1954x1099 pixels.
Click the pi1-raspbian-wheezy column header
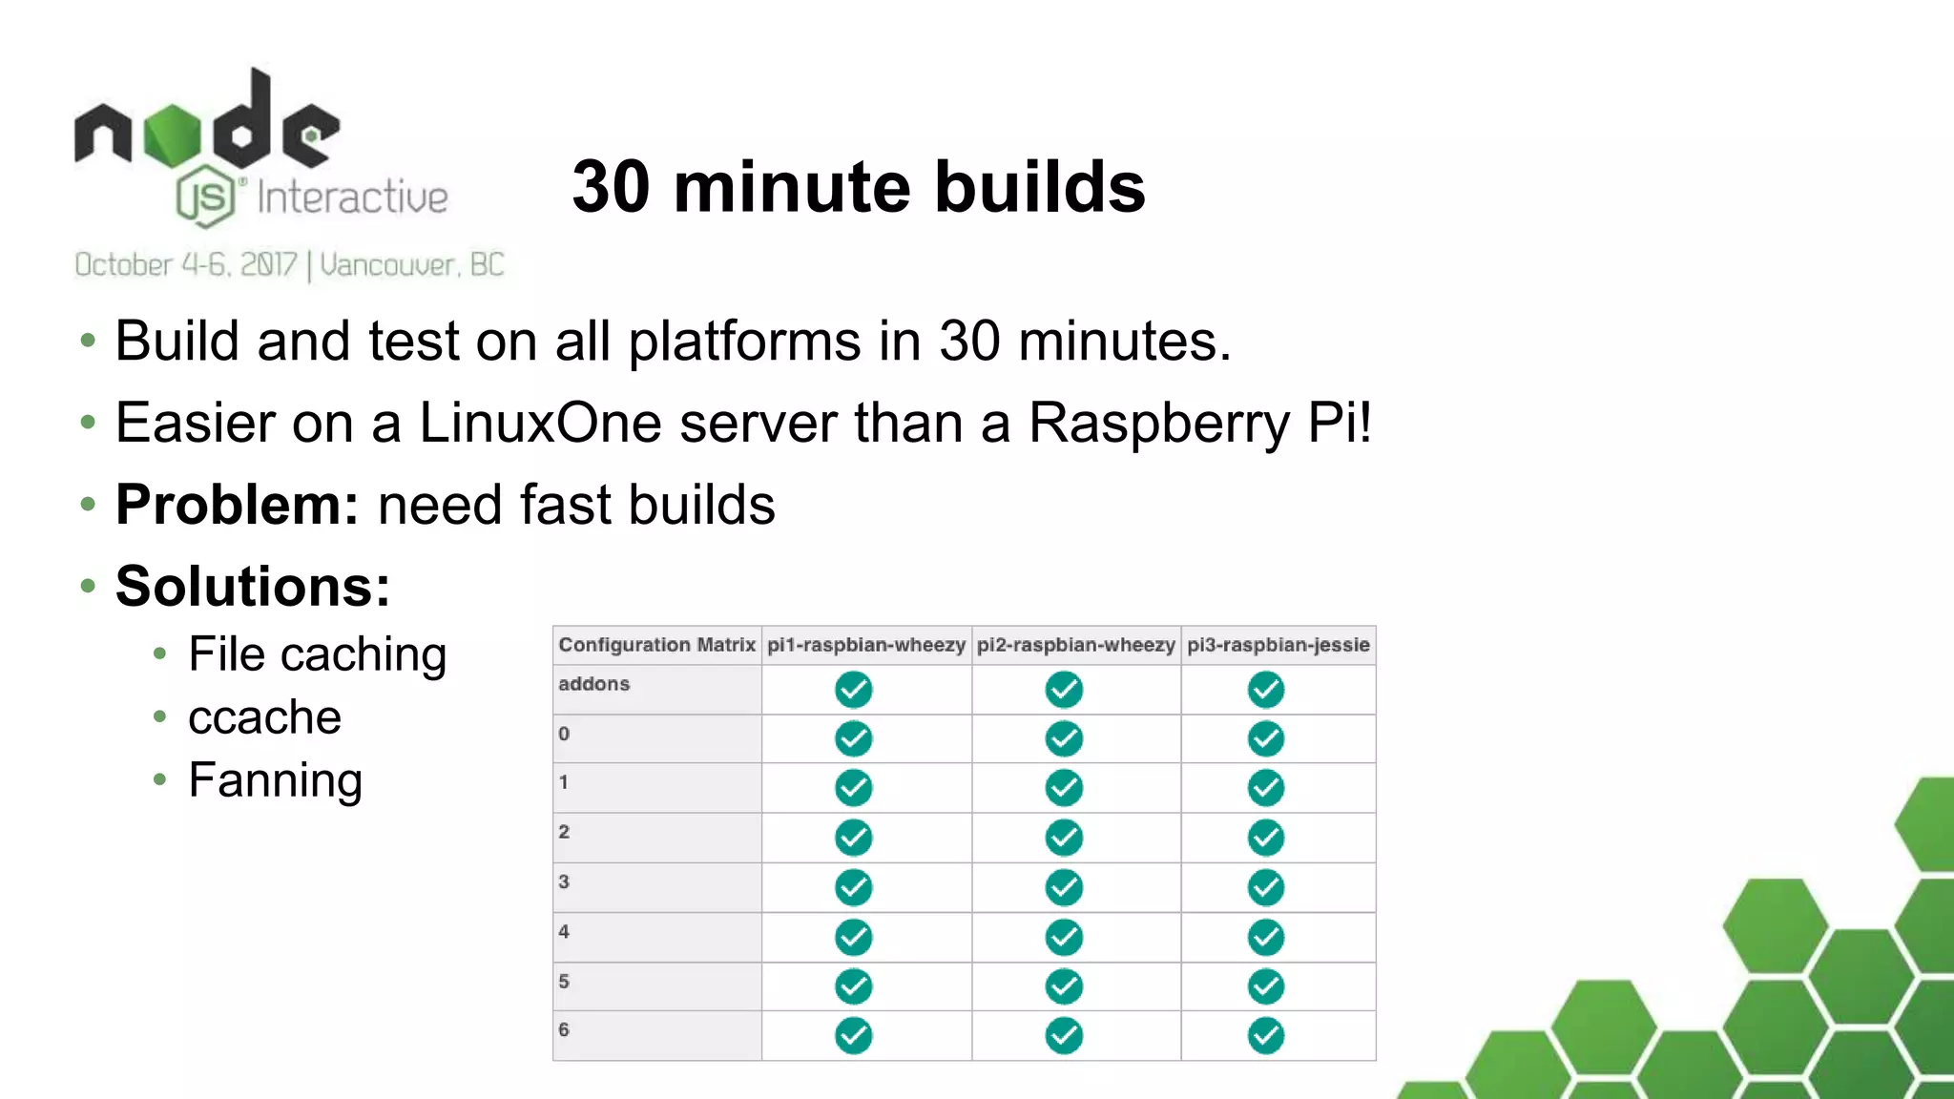point(866,645)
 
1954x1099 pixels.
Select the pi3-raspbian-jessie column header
point(1278,645)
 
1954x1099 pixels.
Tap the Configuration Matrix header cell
point(656,645)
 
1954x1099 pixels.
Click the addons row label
point(594,684)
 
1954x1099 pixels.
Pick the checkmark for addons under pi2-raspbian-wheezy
point(1064,690)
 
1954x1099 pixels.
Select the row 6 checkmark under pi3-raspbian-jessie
point(1266,1036)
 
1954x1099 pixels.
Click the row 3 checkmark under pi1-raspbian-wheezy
point(853,887)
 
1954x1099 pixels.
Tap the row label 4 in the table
point(564,931)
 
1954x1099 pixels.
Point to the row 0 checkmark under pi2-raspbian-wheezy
point(1064,738)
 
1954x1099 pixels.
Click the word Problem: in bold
point(237,505)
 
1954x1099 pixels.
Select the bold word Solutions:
point(253,586)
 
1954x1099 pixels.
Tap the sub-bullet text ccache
point(264,717)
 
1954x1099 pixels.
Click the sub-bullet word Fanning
point(275,780)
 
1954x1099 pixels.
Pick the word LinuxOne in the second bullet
point(540,423)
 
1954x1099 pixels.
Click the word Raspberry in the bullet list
point(1158,423)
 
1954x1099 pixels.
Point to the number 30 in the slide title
point(612,187)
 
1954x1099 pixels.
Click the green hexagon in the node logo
point(173,135)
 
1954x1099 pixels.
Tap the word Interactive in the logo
point(352,197)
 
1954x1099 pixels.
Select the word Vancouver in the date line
point(387,264)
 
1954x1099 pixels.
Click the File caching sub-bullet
point(317,654)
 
